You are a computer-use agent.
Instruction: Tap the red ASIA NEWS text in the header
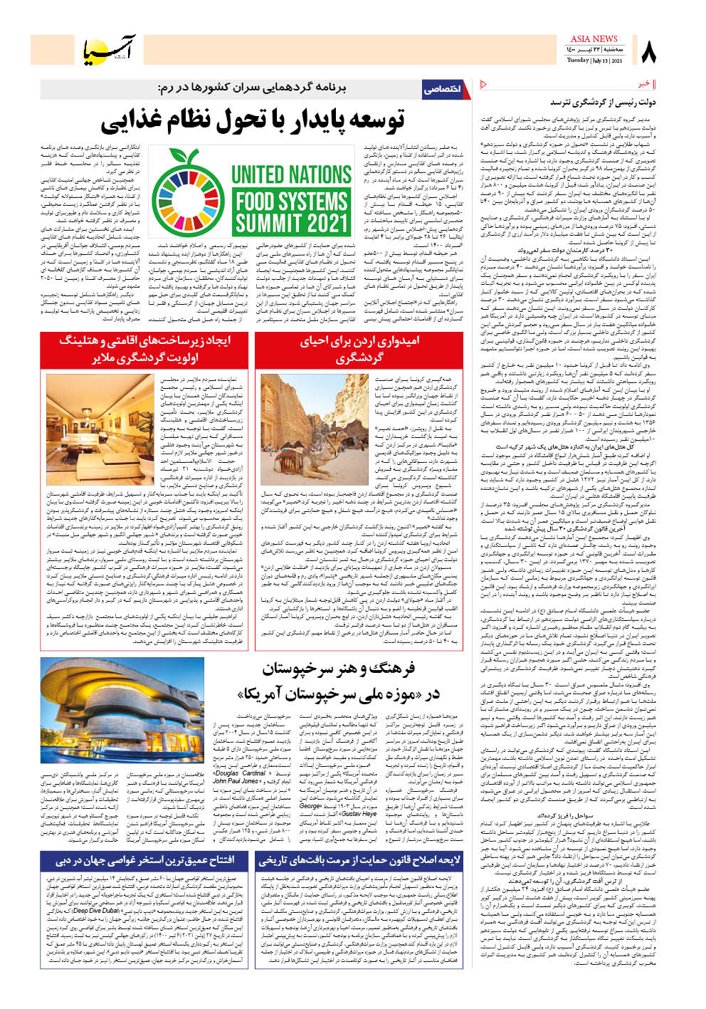point(594,38)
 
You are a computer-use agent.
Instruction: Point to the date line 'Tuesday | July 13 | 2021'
point(595,61)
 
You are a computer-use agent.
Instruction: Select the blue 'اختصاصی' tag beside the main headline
point(442,89)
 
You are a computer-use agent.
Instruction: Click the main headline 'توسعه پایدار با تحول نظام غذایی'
point(253,121)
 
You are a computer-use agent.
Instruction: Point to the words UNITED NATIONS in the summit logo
point(291,174)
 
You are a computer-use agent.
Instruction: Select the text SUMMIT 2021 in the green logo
point(291,223)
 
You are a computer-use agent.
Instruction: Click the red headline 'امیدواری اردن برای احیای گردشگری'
point(359,349)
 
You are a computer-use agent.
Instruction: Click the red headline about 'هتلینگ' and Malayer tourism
point(145,349)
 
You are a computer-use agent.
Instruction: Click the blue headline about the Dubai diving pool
point(146,861)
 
